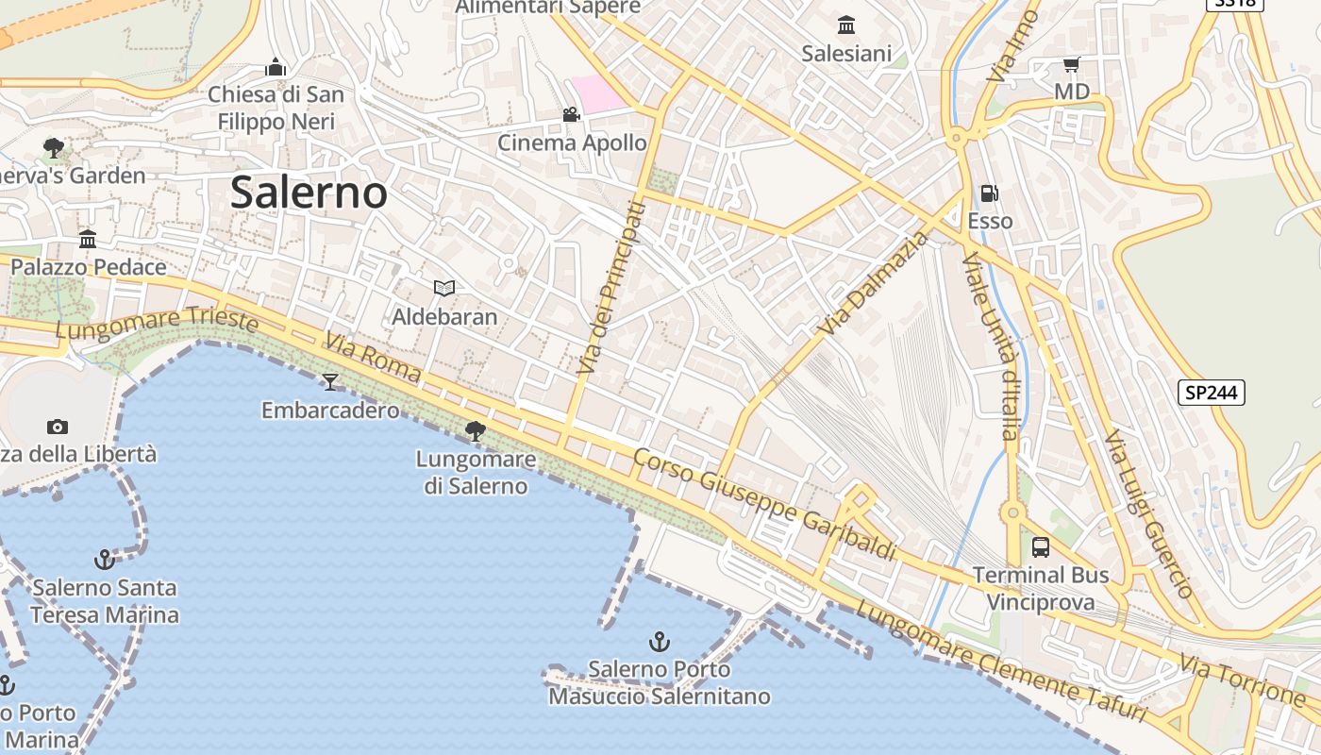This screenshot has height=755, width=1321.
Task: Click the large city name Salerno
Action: tap(309, 193)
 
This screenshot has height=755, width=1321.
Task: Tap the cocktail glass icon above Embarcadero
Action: tap(330, 381)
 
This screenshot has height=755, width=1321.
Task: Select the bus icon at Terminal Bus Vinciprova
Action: tap(1041, 546)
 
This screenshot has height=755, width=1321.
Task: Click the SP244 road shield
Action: tap(1212, 393)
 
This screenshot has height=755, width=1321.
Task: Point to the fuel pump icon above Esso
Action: tap(990, 193)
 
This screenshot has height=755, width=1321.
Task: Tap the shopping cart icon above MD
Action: tap(1071, 64)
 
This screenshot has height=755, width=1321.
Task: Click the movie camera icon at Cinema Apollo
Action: tap(571, 115)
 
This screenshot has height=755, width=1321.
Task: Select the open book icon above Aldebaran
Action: tap(443, 288)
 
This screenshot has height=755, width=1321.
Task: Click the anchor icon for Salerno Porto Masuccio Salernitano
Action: tap(659, 642)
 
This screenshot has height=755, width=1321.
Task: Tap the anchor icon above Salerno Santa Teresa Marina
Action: tap(104, 560)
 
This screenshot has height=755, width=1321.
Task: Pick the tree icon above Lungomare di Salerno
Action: tap(476, 431)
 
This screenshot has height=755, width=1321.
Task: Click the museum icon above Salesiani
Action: tap(846, 25)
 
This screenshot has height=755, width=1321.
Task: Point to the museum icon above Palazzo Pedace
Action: tap(88, 239)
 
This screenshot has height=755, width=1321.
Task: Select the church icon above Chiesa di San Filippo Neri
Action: tap(276, 67)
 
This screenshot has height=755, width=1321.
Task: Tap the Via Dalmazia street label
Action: tap(874, 284)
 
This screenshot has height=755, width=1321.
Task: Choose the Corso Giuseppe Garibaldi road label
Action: tap(763, 504)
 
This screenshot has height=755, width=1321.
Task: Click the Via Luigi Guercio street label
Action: tap(1149, 513)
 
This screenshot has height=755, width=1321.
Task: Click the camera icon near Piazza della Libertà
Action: tap(57, 427)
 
